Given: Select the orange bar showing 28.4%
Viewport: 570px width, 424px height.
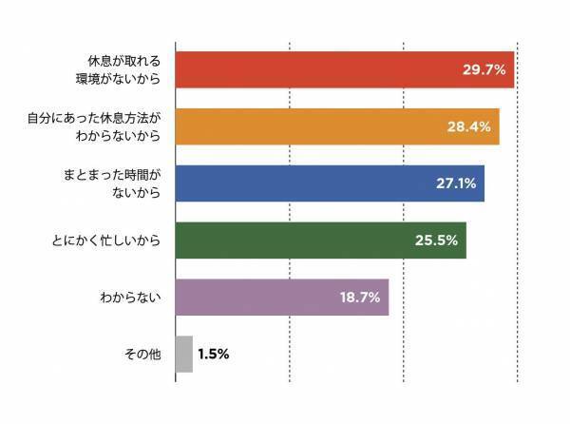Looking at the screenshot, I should click(x=313, y=127).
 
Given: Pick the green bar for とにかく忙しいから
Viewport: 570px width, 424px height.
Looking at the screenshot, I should click(x=294, y=241).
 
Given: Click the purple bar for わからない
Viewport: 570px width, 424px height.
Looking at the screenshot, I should click(x=256, y=298).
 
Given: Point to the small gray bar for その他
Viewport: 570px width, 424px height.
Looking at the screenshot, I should click(x=184, y=354).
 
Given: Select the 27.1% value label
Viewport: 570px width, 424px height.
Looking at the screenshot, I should click(x=455, y=183).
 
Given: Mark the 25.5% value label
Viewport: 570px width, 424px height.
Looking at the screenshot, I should click(x=436, y=241).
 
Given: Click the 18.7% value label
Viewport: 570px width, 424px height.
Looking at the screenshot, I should click(x=359, y=298).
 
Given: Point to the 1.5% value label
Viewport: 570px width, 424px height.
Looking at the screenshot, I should click(x=214, y=354).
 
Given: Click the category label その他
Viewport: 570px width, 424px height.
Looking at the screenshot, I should click(x=142, y=354).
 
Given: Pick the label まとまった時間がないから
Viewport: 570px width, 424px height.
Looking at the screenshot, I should click(x=110, y=183).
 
